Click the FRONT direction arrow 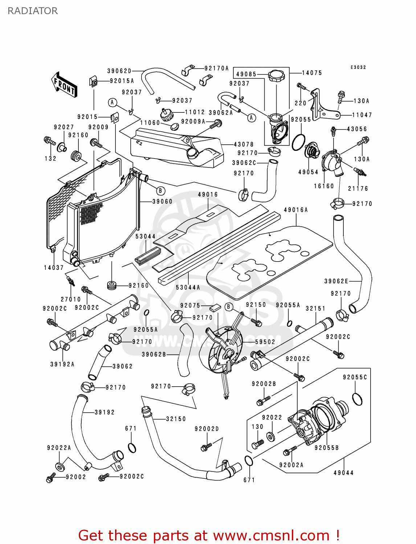64,85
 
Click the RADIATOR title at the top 33,11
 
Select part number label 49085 246,74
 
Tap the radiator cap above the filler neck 277,76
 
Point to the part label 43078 244,144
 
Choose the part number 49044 343,473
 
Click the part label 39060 162,201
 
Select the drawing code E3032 358,67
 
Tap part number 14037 54,268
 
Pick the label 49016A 296,210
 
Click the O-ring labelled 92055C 357,399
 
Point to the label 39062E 336,281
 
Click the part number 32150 176,419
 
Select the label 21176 358,189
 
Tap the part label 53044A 188,288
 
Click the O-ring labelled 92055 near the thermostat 298,142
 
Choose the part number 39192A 62,364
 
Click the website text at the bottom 209,535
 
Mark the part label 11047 362,115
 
